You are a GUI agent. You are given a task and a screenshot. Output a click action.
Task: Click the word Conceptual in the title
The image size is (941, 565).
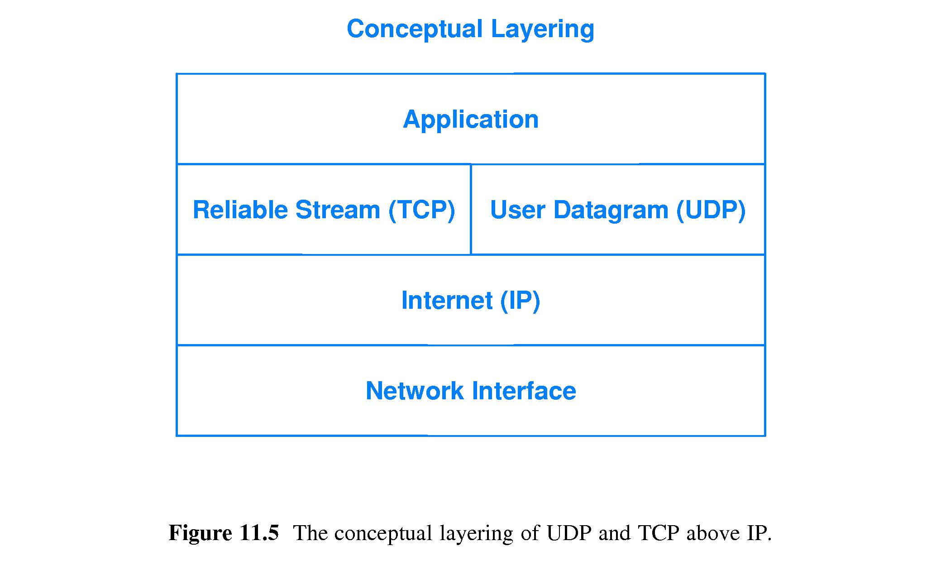coord(415,29)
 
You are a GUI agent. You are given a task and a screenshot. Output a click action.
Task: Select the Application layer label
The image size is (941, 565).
coord(471,120)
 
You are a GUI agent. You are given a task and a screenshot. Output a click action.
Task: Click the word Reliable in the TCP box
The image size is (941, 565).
coord(240,210)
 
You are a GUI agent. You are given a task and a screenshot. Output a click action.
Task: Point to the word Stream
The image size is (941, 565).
coord(337,210)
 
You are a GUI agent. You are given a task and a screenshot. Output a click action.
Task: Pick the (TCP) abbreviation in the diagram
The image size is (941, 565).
coord(421,211)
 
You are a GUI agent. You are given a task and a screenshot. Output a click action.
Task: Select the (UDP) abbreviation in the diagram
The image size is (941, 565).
coord(711,211)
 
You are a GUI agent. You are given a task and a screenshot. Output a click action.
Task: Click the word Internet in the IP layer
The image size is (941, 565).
coord(447,301)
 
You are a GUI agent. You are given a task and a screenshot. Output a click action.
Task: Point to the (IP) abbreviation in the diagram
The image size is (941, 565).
coord(520,301)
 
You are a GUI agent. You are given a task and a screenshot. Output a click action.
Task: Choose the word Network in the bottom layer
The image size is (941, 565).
coord(415,391)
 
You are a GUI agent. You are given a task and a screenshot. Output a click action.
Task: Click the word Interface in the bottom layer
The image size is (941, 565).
coord(524,391)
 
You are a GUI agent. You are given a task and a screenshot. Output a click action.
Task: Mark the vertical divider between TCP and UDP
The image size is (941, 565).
coord(471,209)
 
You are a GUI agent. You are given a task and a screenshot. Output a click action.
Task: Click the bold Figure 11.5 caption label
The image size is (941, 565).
coord(224,533)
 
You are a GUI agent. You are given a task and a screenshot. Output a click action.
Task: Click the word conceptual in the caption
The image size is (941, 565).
coord(383,534)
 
